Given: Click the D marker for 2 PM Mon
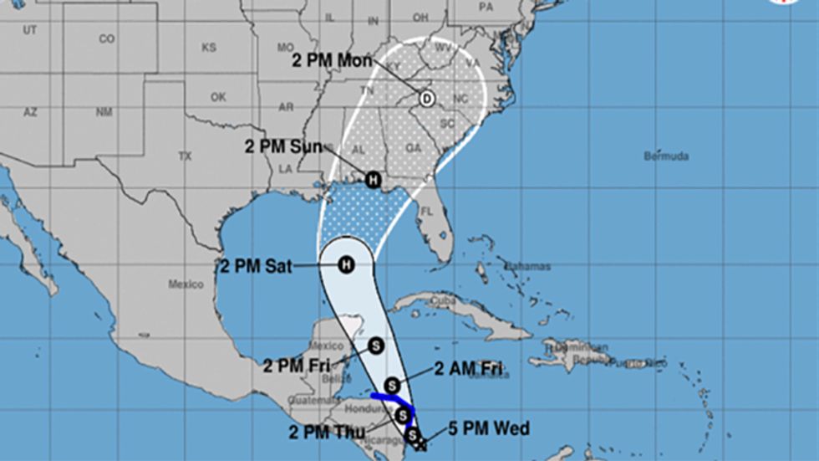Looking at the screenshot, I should pos(426,99).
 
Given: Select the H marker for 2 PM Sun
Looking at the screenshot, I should pos(372,179).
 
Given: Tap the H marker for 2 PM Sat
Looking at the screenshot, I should pos(344,265).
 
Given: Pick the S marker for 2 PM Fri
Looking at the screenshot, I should pos(375,344).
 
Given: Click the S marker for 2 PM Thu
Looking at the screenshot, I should pos(403,414).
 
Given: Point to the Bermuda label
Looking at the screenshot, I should pos(666,156).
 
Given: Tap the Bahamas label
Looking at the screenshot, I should pos(528,266).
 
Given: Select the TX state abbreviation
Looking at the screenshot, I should pos(186,156).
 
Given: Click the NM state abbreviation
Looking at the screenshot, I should pos(104,112).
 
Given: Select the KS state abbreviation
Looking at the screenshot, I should pos(208,48).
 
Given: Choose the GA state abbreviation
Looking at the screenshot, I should pos(412,147).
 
